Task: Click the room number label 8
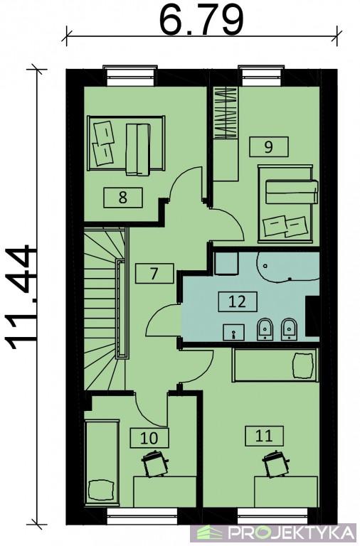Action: (x=122, y=198)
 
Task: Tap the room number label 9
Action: (x=268, y=146)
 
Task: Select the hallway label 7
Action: (x=154, y=273)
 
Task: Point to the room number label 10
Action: (x=149, y=438)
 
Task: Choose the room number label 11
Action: (x=264, y=435)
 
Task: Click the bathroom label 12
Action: (x=238, y=301)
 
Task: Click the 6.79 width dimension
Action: (x=201, y=19)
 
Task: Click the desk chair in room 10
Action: (x=154, y=463)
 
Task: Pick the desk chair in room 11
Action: (x=275, y=464)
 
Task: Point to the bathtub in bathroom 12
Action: (x=288, y=267)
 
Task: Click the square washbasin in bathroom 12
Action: (x=233, y=332)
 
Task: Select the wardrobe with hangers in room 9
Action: (x=225, y=113)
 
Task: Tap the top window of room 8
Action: (x=129, y=76)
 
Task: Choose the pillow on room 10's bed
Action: (x=101, y=491)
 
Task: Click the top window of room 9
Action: (x=262, y=76)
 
